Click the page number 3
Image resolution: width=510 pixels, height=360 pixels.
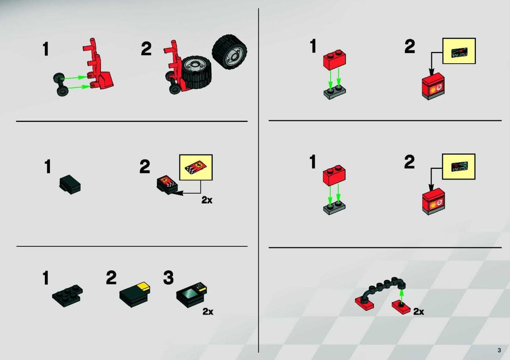click(x=499, y=350)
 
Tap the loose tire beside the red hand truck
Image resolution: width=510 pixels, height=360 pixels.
click(x=229, y=50)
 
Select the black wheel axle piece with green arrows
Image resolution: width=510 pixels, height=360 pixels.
click(x=61, y=85)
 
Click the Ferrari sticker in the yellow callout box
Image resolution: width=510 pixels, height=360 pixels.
click(x=196, y=167)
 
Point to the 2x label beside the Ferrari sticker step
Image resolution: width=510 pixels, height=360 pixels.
click(x=207, y=200)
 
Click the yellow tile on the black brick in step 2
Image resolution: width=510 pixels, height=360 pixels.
click(x=143, y=287)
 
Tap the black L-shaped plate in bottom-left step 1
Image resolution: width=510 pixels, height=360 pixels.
click(x=67, y=296)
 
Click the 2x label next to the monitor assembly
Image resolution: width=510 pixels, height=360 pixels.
click(x=208, y=312)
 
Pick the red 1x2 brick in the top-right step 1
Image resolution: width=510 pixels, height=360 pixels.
click(x=335, y=60)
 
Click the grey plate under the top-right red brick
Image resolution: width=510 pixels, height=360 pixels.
click(x=335, y=93)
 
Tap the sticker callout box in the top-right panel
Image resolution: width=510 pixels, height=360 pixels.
click(x=459, y=51)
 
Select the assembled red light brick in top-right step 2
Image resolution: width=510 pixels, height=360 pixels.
click(x=433, y=86)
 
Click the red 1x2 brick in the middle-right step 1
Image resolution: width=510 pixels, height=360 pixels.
click(x=334, y=175)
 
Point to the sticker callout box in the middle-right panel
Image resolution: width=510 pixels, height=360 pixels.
click(x=458, y=167)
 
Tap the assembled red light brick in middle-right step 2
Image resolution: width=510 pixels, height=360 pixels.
click(x=433, y=201)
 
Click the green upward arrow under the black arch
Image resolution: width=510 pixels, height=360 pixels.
click(x=401, y=296)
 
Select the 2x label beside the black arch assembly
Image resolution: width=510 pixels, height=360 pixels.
click(x=419, y=312)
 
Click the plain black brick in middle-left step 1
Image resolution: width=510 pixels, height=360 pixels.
click(x=70, y=185)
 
